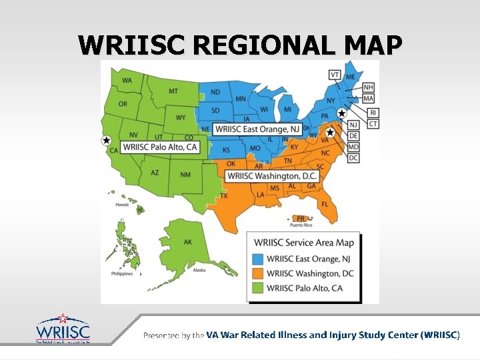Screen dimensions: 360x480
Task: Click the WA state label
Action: pos(127,81)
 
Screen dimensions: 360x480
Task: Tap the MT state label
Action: pos(173,91)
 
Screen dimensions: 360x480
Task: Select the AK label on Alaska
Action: pos(188,243)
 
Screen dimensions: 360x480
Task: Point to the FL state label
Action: pos(325,203)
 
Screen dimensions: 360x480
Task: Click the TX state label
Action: pos(224,196)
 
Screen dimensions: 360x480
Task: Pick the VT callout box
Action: pos(335,74)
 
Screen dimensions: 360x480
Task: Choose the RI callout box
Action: pos(373,113)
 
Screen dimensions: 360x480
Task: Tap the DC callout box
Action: pos(353,158)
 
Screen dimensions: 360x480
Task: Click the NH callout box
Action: pos(368,87)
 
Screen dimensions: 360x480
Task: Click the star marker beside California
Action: pos(106,140)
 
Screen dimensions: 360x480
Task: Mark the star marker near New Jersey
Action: pos(342,113)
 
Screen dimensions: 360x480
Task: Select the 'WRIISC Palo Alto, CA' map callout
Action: pos(160,147)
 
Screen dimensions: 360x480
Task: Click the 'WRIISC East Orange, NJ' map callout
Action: pos(257,129)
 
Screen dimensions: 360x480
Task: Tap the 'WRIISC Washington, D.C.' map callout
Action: pos(271,176)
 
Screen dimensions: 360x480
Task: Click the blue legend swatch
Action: pos(257,259)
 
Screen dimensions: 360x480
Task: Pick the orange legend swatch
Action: pos(257,273)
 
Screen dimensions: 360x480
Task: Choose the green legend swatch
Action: pos(257,288)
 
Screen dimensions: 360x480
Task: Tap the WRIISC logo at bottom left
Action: pos(63,329)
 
